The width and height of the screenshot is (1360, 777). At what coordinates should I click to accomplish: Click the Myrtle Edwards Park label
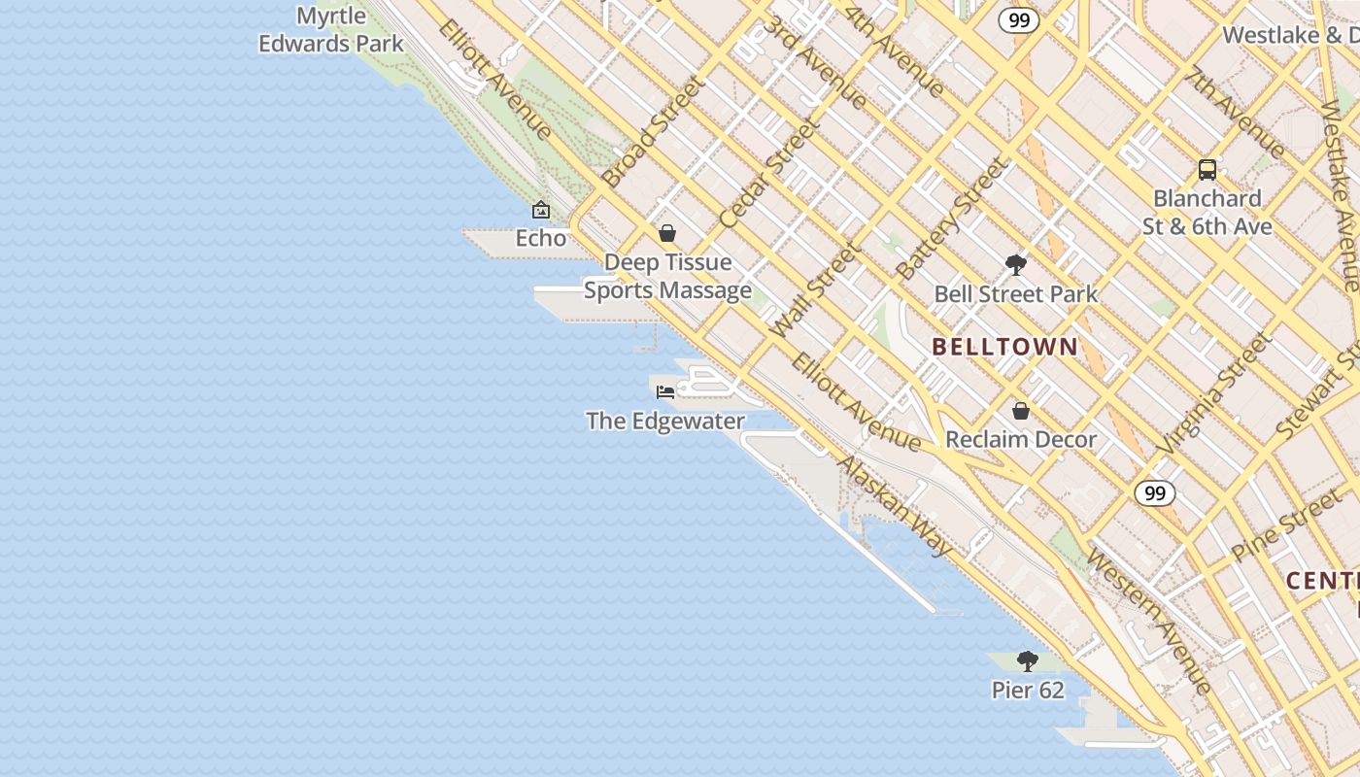coord(330,30)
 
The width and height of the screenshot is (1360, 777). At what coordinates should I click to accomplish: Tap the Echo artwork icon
coord(541,210)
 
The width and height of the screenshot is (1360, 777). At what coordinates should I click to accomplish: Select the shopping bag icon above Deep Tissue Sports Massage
coord(667,233)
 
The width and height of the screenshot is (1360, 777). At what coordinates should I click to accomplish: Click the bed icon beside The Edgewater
coord(665,391)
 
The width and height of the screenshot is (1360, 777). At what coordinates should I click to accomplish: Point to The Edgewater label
coord(665,422)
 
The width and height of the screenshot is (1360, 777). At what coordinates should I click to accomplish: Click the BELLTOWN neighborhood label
coord(1004,347)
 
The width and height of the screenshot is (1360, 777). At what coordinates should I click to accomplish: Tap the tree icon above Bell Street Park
coord(1016,264)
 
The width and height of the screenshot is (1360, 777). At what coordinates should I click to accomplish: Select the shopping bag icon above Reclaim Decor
coord(1021,411)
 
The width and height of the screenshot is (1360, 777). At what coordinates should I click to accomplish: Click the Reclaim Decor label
coord(1021,440)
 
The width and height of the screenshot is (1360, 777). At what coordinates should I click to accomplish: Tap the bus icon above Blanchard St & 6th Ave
coord(1207,170)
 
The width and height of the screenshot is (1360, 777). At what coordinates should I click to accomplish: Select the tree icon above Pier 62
coord(1028,661)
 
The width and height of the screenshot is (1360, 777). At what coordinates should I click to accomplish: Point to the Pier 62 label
coord(1028,691)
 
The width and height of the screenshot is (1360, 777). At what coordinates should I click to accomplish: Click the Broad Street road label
coord(652,131)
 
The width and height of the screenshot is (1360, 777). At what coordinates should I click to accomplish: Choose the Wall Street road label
coord(815,289)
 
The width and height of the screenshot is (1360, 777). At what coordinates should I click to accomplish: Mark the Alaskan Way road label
coord(894,506)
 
